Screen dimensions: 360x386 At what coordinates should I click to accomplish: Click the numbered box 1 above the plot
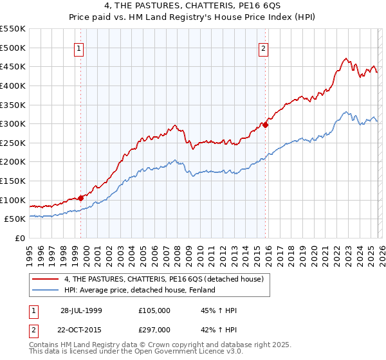pyautogui.click(x=78, y=48)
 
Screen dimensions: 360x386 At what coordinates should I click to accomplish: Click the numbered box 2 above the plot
pyautogui.click(x=264, y=48)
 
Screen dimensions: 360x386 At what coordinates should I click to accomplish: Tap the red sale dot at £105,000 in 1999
pyautogui.click(x=81, y=198)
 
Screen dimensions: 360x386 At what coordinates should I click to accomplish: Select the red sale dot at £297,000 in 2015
pyautogui.click(x=266, y=125)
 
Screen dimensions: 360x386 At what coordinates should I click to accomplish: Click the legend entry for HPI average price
pyautogui.click(x=139, y=291)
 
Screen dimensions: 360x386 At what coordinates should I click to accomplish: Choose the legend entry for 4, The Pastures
pyautogui.click(x=163, y=279)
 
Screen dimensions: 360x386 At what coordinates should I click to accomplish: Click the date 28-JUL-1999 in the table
pyautogui.click(x=81, y=310)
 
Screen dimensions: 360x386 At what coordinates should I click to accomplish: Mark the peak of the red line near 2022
pyautogui.click(x=345, y=59)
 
